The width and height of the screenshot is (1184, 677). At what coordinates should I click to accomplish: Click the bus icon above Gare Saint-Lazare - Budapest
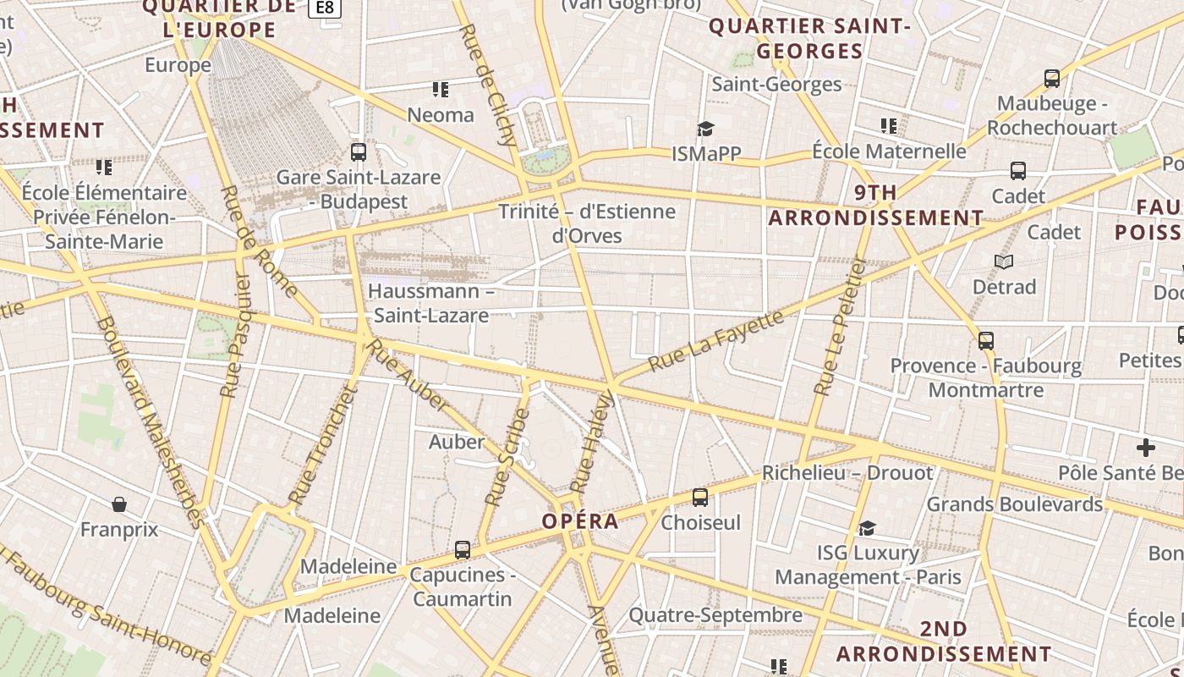click(359, 152)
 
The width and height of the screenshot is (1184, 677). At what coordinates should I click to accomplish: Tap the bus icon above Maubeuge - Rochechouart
click(1052, 79)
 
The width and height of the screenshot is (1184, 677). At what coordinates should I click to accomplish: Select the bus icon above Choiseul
click(700, 498)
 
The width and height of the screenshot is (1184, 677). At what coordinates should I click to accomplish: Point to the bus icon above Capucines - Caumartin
click(463, 550)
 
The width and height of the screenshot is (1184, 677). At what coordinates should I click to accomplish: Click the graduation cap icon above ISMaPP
click(705, 129)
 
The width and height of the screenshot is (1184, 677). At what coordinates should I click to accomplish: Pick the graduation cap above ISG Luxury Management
click(867, 529)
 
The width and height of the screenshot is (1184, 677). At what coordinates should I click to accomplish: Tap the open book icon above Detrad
click(1004, 262)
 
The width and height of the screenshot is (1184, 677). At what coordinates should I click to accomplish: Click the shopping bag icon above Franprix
click(119, 504)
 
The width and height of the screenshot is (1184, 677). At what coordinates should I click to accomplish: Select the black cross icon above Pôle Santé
click(1146, 447)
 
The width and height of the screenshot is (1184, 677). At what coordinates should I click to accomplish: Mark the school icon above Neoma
click(440, 89)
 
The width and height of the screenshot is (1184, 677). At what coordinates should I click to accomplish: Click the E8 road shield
click(325, 8)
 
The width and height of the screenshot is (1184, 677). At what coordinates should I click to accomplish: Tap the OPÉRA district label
click(580, 521)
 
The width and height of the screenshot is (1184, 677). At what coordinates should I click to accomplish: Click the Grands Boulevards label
click(1015, 504)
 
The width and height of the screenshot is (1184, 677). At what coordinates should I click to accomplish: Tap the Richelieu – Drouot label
click(847, 473)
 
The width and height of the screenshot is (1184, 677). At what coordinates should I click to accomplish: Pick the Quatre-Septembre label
click(715, 615)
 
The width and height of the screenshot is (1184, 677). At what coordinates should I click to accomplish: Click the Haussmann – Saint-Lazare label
click(431, 304)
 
